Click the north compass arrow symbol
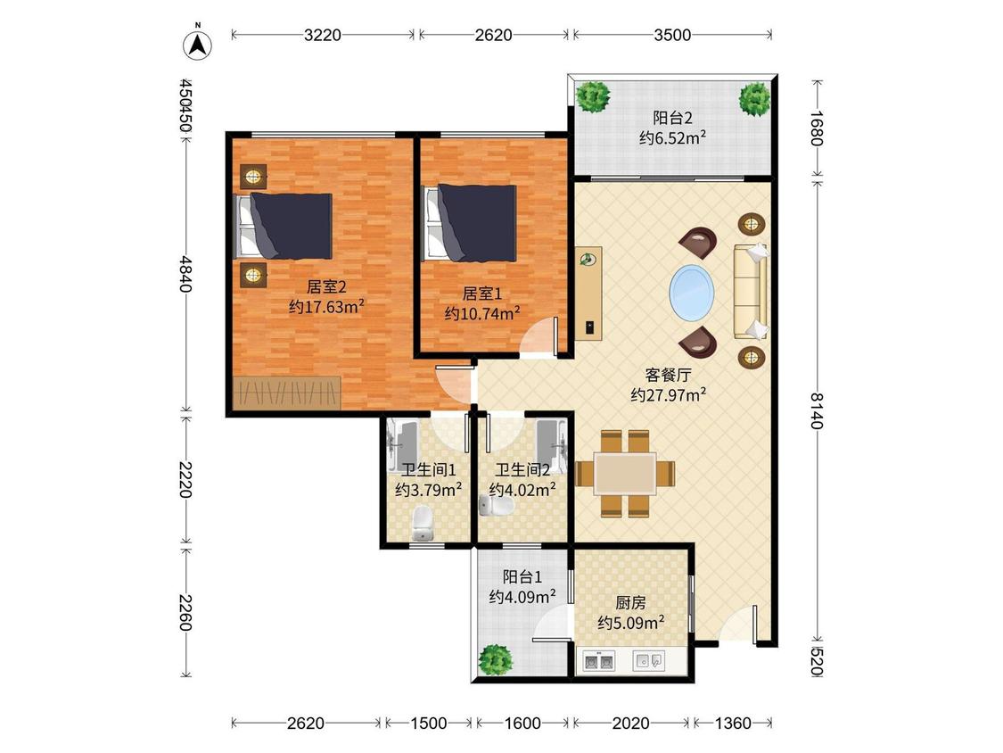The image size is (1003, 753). pos(198,45)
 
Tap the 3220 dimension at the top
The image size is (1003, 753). pos(323,35)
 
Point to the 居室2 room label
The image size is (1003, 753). pos(326,286)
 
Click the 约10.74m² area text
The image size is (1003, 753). pos(482,313)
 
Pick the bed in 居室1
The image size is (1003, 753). pos(472,223)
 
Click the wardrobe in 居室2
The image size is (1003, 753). pos(286,392)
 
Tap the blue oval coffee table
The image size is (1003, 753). pos(692,293)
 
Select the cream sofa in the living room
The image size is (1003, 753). pos(751,292)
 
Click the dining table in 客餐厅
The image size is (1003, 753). pos(625,474)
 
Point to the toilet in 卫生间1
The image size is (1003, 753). pos(423,523)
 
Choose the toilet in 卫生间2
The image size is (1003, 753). pos(497,507)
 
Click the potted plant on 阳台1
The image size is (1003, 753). pos(495,659)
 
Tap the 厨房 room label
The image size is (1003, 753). pos(630,602)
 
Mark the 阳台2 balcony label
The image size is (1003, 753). pos(672,118)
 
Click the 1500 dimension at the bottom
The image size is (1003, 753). pos(429,724)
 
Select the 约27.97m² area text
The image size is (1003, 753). pos(669,394)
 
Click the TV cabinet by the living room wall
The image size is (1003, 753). pos(588,293)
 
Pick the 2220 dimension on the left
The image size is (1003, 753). pos(185,479)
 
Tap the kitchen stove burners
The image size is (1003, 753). pos(599,661)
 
